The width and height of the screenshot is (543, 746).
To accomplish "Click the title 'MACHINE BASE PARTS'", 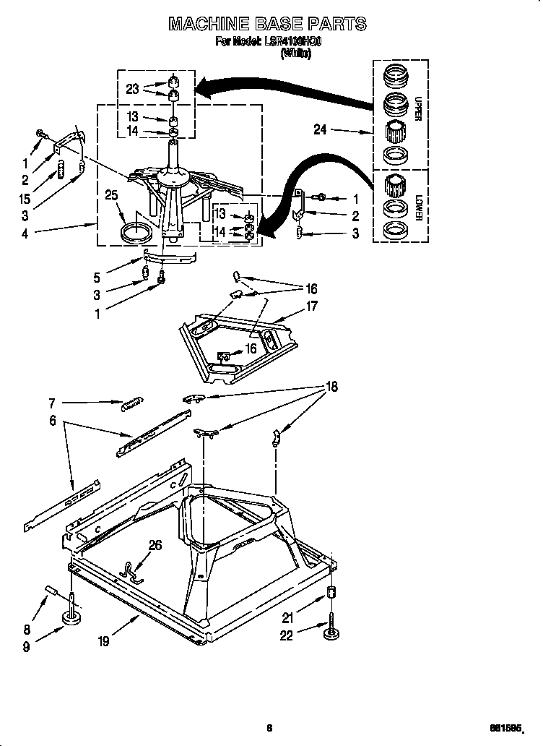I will [x=268, y=24].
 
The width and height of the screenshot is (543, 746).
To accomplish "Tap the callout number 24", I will [x=321, y=130].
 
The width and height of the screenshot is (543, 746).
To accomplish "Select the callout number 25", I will [x=111, y=195].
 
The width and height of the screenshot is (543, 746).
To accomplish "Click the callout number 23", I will [x=132, y=89].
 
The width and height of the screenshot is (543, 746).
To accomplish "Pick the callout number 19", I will [x=104, y=640].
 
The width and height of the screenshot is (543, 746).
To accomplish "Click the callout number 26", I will [x=155, y=546].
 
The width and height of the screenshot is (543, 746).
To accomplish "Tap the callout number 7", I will [x=53, y=403].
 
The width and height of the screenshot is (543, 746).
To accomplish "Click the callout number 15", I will [x=26, y=199].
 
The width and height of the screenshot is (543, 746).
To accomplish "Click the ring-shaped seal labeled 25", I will [x=136, y=233].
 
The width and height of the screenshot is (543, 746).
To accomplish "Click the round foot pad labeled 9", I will [x=72, y=619].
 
